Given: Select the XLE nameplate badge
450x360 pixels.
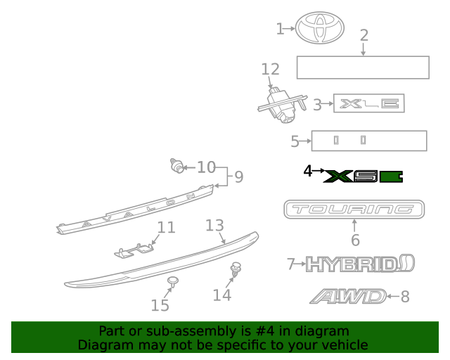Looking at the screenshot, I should click(x=369, y=105).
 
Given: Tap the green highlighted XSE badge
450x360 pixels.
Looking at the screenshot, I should click(x=364, y=176).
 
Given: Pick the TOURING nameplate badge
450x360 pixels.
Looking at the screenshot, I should click(x=354, y=209).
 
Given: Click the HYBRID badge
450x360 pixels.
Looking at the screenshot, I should click(x=360, y=264).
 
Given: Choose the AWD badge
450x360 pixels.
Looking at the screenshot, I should click(x=349, y=297).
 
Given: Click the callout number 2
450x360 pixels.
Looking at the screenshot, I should click(x=364, y=35).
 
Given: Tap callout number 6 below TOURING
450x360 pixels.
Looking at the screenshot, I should click(x=355, y=240).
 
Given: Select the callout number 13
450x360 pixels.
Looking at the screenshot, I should click(x=214, y=225).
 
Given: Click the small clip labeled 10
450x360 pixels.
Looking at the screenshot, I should click(x=177, y=167).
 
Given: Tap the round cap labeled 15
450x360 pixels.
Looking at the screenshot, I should click(x=172, y=282).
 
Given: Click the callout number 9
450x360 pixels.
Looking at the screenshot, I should click(x=238, y=176).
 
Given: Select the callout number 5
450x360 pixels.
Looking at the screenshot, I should click(x=295, y=141).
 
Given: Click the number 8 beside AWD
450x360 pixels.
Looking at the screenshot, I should click(x=404, y=297).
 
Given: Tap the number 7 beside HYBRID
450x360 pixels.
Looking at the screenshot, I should click(x=291, y=264).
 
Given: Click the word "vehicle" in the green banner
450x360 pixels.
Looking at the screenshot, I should click(x=345, y=345).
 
